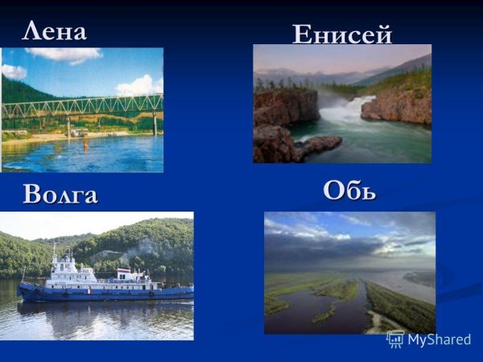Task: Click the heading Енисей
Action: tap(341, 34)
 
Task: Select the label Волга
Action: tap(60, 195)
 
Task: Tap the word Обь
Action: tap(349, 191)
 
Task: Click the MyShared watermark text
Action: tap(439, 339)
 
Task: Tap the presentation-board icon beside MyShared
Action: tap(395, 339)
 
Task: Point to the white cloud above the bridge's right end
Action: tap(138, 84)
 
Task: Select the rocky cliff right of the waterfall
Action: tap(394, 106)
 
